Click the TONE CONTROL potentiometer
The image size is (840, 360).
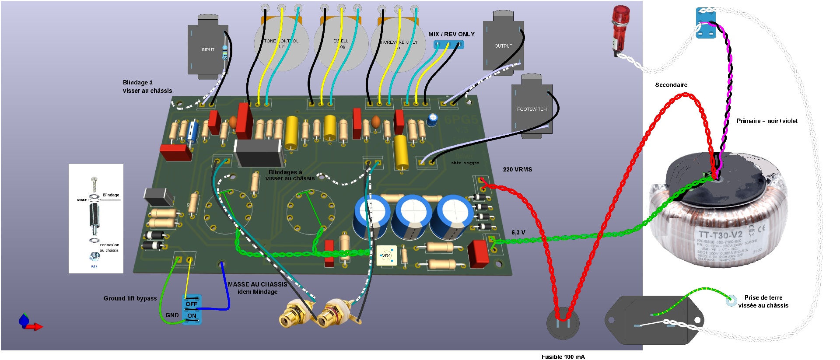281,44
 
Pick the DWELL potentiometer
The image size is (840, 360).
341,44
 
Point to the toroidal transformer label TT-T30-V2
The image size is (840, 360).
720,235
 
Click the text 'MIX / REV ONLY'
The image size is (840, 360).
451,34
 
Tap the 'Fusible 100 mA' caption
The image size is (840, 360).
563,357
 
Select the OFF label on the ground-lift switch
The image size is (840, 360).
192,304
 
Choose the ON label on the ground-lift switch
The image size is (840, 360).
192,316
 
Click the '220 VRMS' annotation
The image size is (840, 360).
517,169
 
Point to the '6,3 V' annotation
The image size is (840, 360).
518,232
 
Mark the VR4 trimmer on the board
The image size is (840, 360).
386,255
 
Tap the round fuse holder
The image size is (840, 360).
563,324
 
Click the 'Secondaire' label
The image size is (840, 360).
671,85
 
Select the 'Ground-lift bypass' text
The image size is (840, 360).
130,298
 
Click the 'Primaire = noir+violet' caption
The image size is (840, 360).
766,121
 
